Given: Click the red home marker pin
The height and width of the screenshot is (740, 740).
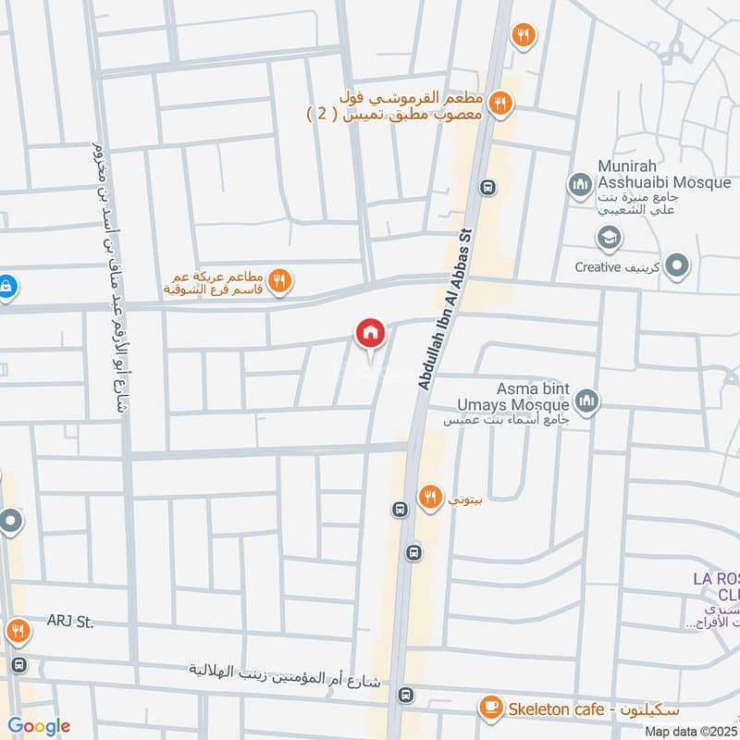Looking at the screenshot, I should pyautogui.click(x=370, y=333).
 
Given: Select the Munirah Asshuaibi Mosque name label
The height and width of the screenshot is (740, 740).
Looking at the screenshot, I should pyautogui.click(x=651, y=175).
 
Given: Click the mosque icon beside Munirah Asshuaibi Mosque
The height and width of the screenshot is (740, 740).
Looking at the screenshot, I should pyautogui.click(x=581, y=185).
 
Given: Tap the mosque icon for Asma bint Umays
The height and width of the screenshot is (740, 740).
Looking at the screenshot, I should pyautogui.click(x=586, y=401).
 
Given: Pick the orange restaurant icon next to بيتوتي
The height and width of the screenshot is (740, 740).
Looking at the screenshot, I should pyautogui.click(x=428, y=497).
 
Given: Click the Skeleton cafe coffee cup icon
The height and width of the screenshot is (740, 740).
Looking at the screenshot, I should pyautogui.click(x=490, y=709).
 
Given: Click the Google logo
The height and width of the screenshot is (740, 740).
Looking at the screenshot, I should pyautogui.click(x=39, y=726).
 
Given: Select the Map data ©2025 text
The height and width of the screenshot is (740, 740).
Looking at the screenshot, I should pyautogui.click(x=691, y=731).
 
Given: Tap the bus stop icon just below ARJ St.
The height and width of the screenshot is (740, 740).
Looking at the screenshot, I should pyautogui.click(x=18, y=665).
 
